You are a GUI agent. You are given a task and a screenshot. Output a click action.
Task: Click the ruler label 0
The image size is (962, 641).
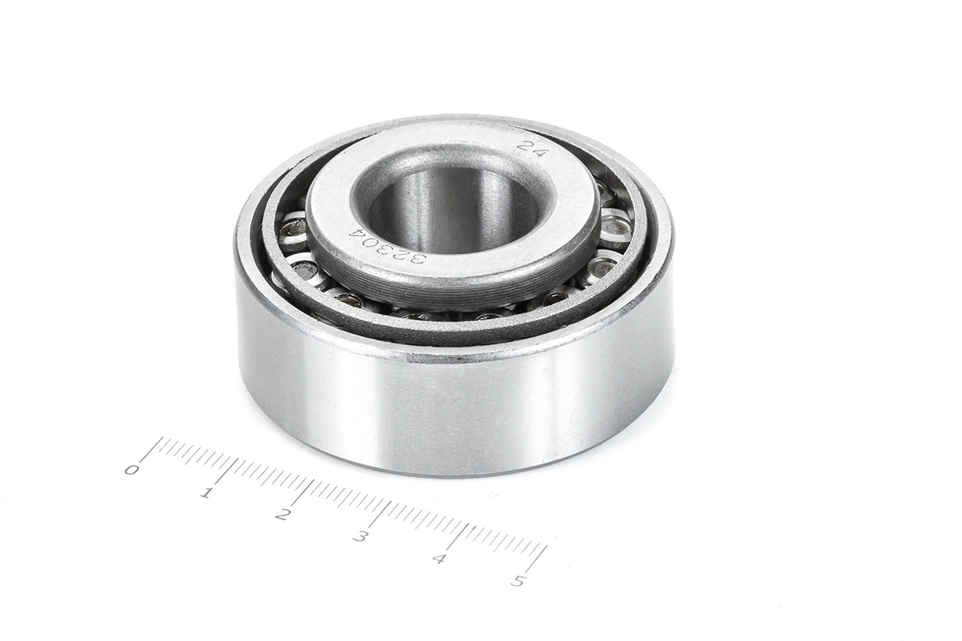(x=132, y=470)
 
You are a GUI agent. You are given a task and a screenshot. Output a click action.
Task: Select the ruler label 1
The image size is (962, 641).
(x=207, y=492)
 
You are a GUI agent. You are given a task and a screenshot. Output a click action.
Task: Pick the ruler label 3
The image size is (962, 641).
(x=359, y=536)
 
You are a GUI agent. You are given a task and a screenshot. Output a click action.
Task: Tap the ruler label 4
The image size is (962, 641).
(x=438, y=558)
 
